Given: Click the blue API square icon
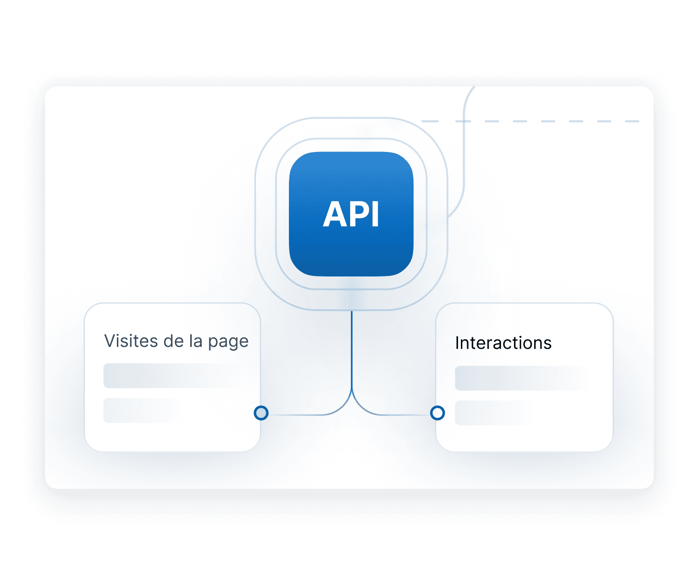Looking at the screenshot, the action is (x=351, y=214).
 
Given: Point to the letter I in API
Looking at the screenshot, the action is (x=375, y=214).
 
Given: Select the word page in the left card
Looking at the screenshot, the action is (x=228, y=343).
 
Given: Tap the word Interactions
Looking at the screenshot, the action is (x=503, y=343).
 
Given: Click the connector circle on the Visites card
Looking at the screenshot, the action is (x=261, y=413).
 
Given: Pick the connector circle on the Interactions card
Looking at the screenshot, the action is (x=437, y=413).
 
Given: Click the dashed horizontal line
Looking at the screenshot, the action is (x=530, y=121).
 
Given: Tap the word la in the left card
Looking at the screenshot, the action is (x=196, y=341).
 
